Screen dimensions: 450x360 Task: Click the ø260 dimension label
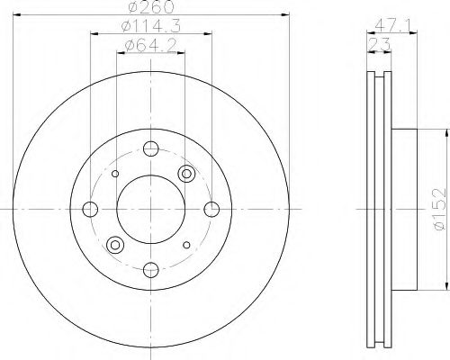tap(151, 6)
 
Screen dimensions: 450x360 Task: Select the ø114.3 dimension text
tap(151, 26)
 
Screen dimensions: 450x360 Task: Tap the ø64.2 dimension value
tap(150, 46)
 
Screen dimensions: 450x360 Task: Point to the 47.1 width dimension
tap(391, 26)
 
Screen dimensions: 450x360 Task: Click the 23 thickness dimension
tap(379, 45)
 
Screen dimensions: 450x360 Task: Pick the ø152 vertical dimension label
tap(440, 209)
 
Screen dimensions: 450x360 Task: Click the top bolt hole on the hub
tap(151, 148)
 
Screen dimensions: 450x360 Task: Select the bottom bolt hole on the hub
tap(151, 270)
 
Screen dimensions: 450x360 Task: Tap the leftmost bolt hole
tap(90, 209)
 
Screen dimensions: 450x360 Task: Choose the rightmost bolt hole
tap(211, 209)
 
